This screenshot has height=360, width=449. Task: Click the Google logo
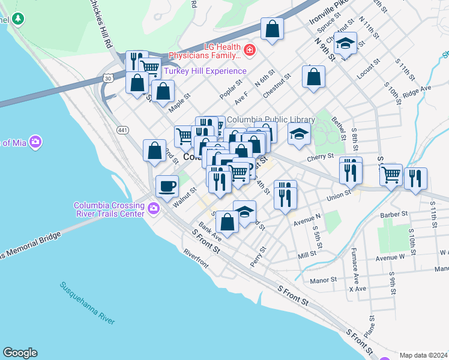[20, 353]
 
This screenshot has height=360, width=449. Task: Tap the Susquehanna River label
[87, 303]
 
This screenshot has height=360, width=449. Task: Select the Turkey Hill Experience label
[198, 71]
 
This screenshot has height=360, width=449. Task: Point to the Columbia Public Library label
[270, 119]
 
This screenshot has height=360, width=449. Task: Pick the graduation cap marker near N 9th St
[345, 43]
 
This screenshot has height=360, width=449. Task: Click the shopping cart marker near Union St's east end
[391, 175]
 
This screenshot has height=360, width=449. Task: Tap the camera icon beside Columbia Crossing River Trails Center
[154, 208]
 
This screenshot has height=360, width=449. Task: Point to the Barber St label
[393, 214]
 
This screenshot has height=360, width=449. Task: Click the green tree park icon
[19, 19]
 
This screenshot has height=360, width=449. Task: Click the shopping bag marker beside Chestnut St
[313, 77]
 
